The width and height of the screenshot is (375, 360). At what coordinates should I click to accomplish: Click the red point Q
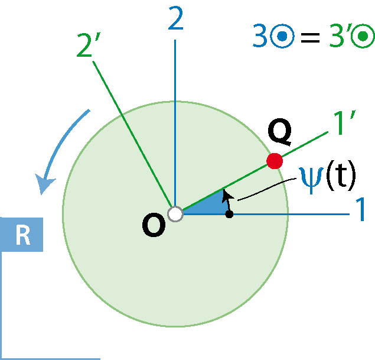coord(275,161)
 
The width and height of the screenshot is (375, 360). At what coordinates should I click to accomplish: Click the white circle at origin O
coord(175,214)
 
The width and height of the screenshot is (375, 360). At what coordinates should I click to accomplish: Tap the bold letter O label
coord(154,225)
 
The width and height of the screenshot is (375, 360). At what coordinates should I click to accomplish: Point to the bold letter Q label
coord(279,132)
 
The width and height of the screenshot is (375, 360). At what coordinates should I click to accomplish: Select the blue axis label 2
coord(176,18)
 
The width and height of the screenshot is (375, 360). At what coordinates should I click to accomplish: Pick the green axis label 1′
coord(344,122)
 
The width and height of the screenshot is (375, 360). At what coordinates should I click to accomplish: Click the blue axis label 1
coord(360,209)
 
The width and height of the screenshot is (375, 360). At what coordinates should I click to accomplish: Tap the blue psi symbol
coord(312,180)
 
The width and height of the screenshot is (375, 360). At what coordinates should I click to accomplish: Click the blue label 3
coord(260,36)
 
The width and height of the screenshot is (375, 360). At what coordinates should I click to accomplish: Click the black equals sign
coord(310,38)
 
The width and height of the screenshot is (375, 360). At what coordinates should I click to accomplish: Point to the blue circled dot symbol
coord(282,36)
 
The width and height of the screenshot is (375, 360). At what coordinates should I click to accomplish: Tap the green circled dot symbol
coord(363,36)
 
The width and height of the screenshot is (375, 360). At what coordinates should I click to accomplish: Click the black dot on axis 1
coord(229,214)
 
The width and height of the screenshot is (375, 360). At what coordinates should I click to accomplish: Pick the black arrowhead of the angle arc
coord(227,196)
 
